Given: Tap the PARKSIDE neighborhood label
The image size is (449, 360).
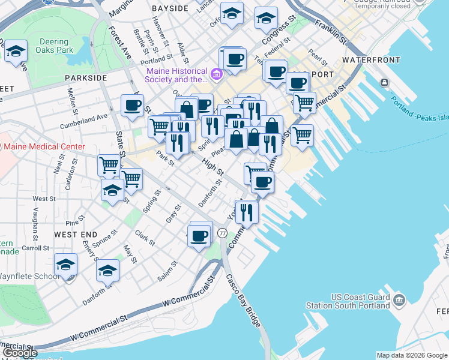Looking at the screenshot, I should tap(85, 78).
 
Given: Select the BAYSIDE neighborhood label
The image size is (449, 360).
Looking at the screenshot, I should tap(170, 9).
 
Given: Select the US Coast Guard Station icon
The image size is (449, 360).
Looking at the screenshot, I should tap(399, 299).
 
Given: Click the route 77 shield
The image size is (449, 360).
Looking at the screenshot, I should tap(222, 233).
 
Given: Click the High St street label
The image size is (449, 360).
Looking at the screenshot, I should tap(212, 167).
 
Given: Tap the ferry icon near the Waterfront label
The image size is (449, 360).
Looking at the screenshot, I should tap(384, 82).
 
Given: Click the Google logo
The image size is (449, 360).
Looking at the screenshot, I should tap(20, 353).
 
